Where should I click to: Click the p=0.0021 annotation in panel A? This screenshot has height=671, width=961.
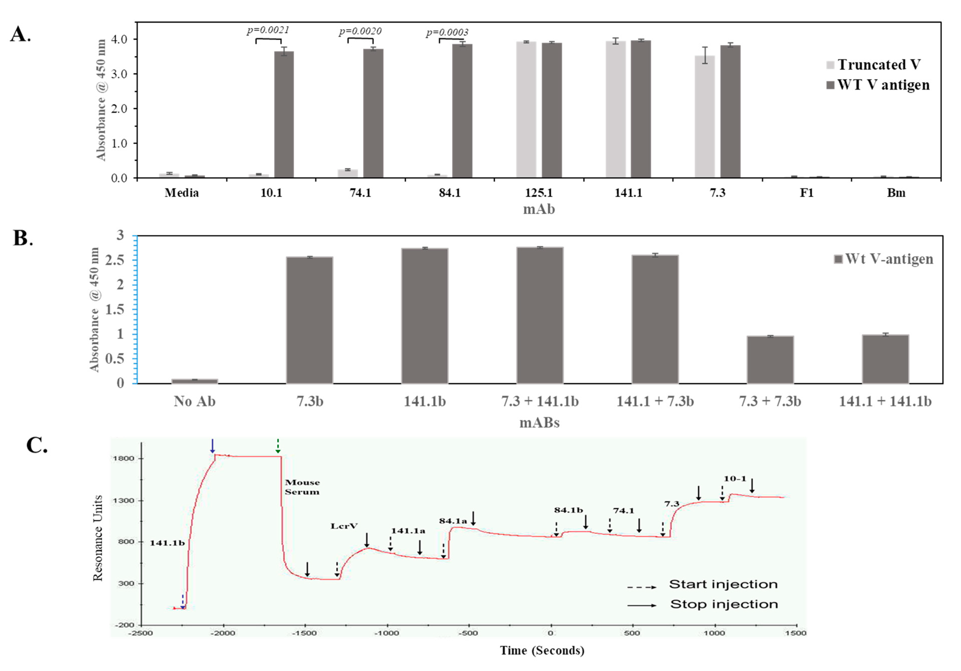[x=268, y=30]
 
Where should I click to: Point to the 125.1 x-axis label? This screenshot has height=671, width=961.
[x=539, y=193]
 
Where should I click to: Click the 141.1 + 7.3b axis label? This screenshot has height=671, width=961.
[x=655, y=402]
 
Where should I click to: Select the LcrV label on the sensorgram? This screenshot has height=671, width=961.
[x=344, y=526]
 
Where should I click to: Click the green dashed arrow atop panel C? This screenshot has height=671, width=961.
[x=277, y=446]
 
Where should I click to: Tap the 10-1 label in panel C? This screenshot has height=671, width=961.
[x=735, y=478]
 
